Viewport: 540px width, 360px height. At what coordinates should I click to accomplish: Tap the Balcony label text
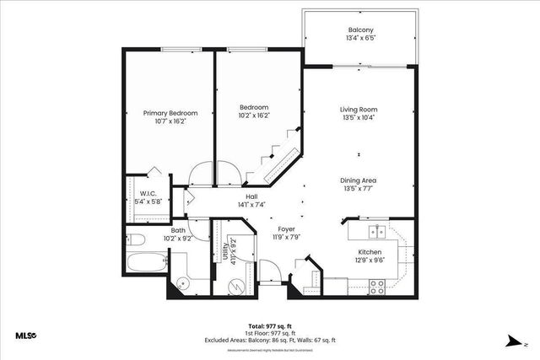pos(361,30)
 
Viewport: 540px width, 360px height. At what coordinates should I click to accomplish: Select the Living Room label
pos(358,110)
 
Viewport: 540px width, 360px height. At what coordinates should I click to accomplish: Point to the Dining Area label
pos(358,180)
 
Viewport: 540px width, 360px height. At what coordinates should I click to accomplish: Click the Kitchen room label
pos(370,251)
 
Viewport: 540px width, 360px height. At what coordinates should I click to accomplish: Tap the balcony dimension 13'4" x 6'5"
pos(361,39)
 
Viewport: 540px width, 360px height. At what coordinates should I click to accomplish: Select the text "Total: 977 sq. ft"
pos(270,325)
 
